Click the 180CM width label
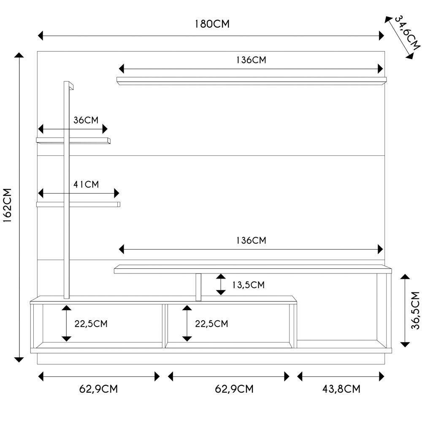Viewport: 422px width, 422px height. (x=212, y=24)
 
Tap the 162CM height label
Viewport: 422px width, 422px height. (x=7, y=206)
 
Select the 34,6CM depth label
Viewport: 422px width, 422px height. (x=407, y=33)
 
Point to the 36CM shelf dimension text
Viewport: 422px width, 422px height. (x=86, y=120)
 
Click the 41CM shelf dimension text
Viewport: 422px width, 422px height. (x=86, y=184)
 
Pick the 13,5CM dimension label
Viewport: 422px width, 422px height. (x=249, y=285)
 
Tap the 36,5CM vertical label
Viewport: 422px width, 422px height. (x=415, y=310)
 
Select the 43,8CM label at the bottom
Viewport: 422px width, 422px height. (x=341, y=389)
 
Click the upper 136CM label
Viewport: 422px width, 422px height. (x=251, y=60)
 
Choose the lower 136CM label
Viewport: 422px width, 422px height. (x=251, y=241)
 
